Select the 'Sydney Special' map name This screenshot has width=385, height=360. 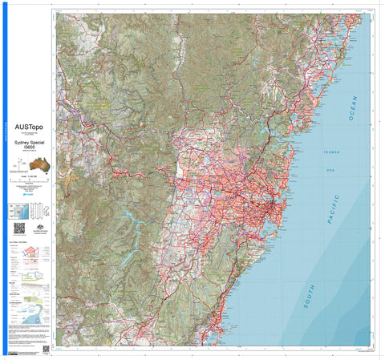29,140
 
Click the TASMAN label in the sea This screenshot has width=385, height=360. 330,152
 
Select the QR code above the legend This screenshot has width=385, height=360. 18,228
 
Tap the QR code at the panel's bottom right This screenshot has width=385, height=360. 46,349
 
